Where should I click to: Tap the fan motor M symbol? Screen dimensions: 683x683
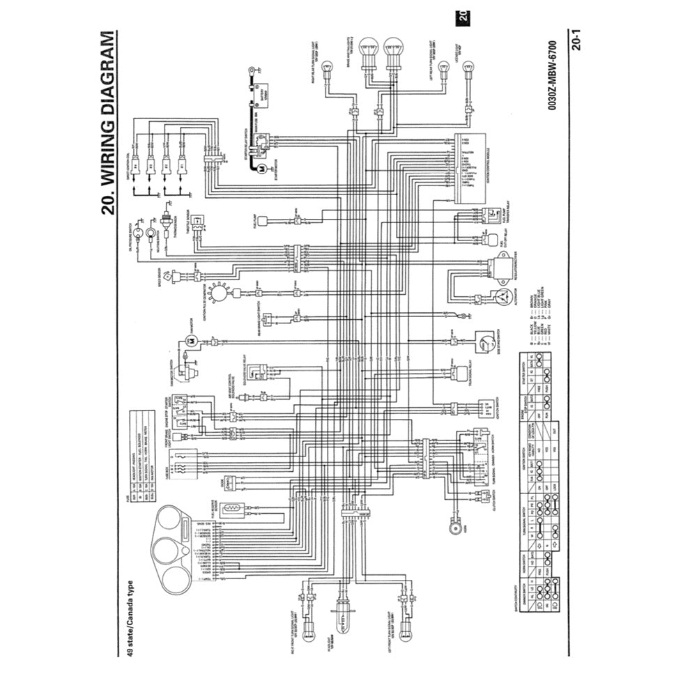pos(190,340)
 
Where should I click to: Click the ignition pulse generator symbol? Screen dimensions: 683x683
pos(220,295)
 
